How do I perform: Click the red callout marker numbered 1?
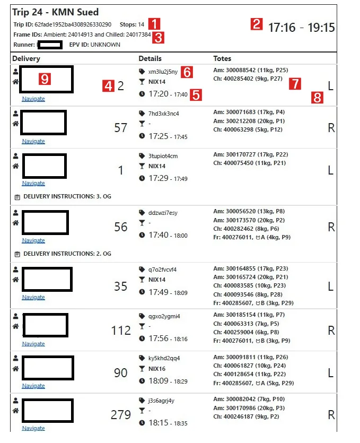pos(154,24)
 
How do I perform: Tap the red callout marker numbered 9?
pos(45,79)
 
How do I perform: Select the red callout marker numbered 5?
pos(196,95)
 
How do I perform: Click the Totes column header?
pos(222,58)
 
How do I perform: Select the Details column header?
pos(150,58)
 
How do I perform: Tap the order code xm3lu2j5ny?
pos(163,71)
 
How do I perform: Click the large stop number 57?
pos(121,127)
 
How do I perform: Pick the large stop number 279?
pos(121,414)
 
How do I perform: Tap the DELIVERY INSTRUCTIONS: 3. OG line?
pos(67,196)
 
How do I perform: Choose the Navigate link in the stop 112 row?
pos(33,344)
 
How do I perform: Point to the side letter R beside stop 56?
pos(331,228)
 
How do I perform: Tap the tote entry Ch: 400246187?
pos(249,417)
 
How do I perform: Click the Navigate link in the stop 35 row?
pos(33,297)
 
